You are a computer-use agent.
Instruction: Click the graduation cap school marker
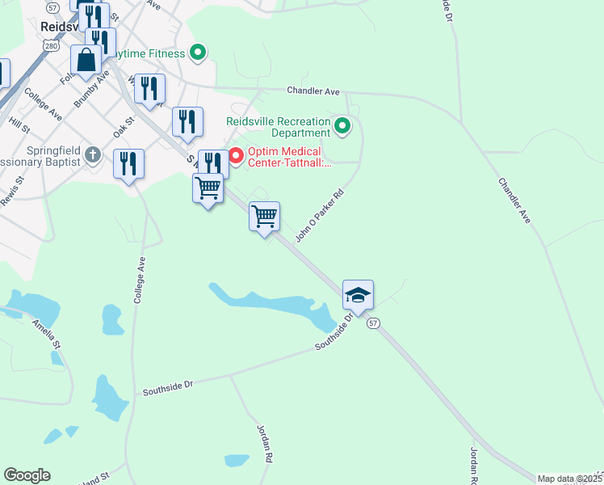coord(358,296)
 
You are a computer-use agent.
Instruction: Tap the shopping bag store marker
coord(86,61)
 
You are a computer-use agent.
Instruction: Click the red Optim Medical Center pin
coord(237,154)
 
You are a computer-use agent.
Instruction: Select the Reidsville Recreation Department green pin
coord(342,126)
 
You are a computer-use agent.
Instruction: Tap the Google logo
coord(27,475)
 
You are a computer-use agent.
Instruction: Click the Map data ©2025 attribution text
coord(569,479)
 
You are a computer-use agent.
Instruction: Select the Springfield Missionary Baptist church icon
coord(94,154)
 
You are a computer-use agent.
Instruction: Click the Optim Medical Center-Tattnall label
coord(284,157)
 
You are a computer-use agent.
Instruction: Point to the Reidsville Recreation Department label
coord(278,126)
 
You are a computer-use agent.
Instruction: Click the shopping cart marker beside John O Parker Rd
coord(265,217)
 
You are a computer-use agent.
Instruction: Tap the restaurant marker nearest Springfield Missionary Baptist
coord(128,164)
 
